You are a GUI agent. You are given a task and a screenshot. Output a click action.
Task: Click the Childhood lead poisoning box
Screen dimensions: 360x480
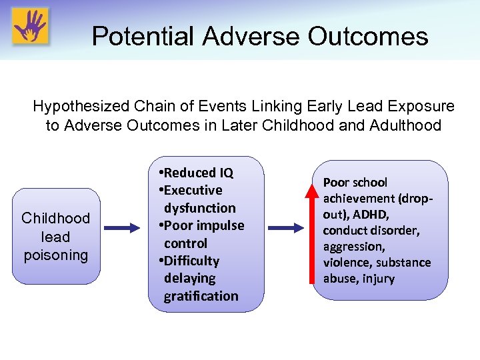pyautogui.click(x=55, y=237)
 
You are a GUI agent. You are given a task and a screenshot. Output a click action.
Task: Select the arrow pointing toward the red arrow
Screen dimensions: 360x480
pyautogui.click(x=286, y=228)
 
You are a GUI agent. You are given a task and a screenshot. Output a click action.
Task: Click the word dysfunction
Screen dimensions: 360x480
pyautogui.click(x=199, y=208)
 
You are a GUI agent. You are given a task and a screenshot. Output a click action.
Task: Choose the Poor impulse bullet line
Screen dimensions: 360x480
pyautogui.click(x=202, y=225)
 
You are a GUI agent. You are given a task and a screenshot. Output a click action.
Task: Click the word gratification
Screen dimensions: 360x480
pyautogui.click(x=201, y=295)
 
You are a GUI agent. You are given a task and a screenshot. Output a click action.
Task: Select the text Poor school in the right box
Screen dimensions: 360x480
pyautogui.click(x=355, y=182)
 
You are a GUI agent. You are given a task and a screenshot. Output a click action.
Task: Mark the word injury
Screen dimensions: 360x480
pyautogui.click(x=378, y=278)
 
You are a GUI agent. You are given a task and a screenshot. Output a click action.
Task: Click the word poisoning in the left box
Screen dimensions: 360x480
pyautogui.click(x=55, y=255)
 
